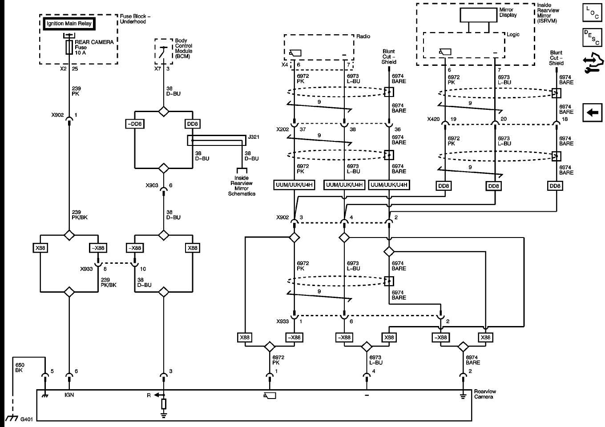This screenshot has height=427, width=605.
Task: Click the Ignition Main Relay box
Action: tap(69, 24)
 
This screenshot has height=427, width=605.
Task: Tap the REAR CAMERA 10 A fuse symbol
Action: tap(69, 47)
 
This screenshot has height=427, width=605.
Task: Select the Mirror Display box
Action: tap(479, 15)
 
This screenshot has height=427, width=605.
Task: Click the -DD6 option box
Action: tap(134, 124)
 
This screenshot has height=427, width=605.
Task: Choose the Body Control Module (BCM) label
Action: tap(183, 48)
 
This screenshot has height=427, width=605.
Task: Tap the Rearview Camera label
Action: tap(485, 394)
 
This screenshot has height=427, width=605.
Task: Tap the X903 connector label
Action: tap(152, 185)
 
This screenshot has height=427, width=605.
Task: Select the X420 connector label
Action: tap(433, 119)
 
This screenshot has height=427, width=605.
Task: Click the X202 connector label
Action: tap(282, 129)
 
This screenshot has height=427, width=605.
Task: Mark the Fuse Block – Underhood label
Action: tap(135, 19)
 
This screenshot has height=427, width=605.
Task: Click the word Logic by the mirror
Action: tap(513, 34)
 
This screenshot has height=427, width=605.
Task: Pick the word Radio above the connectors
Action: tap(363, 36)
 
